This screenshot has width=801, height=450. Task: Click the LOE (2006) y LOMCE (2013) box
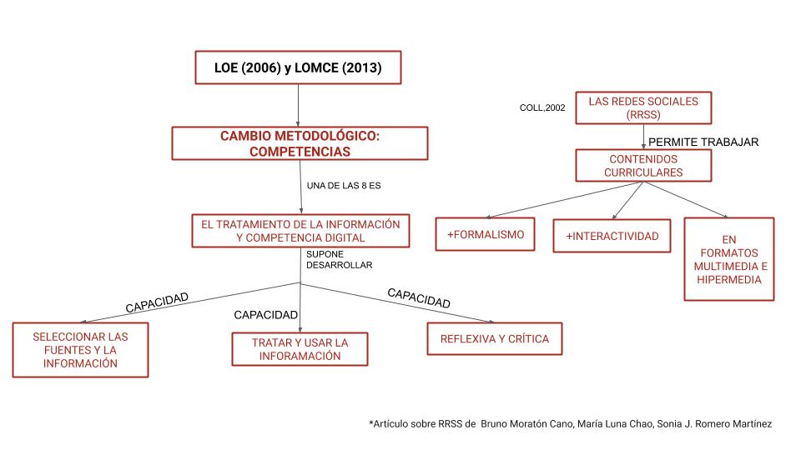[x=299, y=67]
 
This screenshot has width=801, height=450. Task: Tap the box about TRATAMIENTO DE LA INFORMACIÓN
[x=300, y=231]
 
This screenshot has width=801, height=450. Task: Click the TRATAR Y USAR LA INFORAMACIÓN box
[x=300, y=349]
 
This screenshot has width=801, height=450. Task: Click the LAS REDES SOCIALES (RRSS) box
[x=643, y=107]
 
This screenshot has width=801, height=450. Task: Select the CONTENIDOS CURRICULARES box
[x=643, y=165]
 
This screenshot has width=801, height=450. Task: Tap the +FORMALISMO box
[x=486, y=236]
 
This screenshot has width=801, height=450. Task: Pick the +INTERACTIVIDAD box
[x=612, y=236]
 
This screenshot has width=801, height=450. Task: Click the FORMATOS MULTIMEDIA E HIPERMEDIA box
[x=729, y=258]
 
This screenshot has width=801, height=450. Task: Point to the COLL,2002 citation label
[x=542, y=107]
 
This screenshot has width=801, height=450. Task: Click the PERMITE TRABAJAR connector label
[x=703, y=142]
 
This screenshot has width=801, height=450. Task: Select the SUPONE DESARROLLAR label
[x=339, y=259]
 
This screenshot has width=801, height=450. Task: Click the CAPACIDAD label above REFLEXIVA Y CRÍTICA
[x=419, y=297]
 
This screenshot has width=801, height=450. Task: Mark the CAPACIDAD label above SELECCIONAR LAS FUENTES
[x=157, y=301]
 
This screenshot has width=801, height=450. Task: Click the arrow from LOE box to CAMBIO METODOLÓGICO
[x=299, y=105]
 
